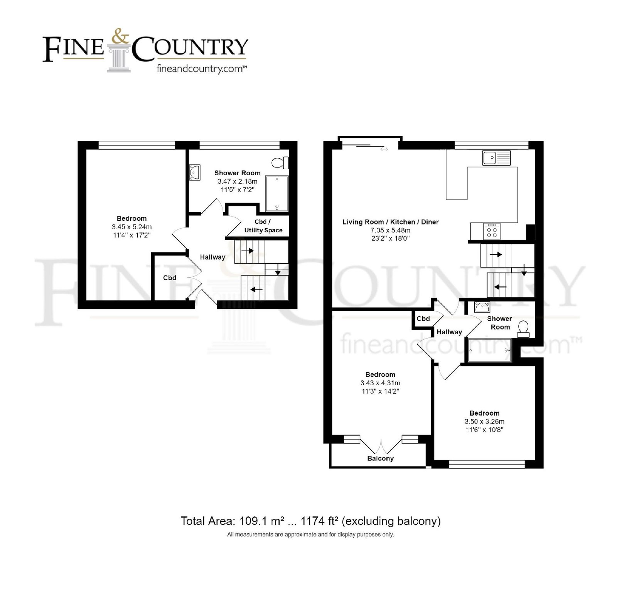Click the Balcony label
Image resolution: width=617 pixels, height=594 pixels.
pos(380,458)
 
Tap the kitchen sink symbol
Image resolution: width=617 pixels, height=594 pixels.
pos(496,158)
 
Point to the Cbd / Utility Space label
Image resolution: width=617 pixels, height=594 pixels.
pos(263,226)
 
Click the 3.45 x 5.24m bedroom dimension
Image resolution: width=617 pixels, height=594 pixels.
pos(131,227)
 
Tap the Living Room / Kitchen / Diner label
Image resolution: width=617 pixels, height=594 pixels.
pos(391,222)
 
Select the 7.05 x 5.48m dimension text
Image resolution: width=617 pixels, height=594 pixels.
pos(391,230)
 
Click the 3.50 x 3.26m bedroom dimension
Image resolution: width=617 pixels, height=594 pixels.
pos(484,421)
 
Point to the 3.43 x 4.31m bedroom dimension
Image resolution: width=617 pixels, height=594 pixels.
pos(380,383)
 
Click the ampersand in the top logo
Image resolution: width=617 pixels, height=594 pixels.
pos(120,37)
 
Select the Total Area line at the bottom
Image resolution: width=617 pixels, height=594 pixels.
pos(311,521)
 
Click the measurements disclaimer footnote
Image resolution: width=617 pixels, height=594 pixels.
pos(310,535)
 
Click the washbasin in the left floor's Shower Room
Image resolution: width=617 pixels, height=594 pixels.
pos(194,173)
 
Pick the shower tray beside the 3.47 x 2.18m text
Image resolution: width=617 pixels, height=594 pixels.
pos(277,194)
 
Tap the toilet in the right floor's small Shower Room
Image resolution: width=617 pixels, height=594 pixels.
pos(524,329)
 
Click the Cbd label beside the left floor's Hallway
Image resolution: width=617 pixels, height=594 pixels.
pos(170,278)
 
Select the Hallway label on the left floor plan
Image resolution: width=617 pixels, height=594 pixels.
pos(212,257)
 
